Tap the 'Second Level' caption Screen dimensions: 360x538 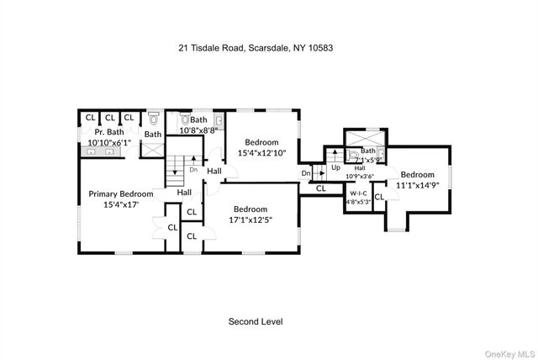point(256,321)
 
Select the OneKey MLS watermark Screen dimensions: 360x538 point(507,352)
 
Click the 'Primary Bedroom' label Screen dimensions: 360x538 point(121,193)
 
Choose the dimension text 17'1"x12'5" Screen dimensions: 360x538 point(250,220)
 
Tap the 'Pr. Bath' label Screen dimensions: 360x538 point(109,132)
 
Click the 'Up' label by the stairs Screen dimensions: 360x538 point(335,167)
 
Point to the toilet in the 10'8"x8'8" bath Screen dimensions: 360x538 point(186,120)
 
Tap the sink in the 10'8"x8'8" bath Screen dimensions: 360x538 point(219,121)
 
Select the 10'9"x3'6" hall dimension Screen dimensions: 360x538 point(359,175)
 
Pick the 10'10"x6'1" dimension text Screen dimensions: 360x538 point(109,142)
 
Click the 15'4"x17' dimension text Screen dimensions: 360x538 point(121,204)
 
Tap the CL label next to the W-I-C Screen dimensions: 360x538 point(378,197)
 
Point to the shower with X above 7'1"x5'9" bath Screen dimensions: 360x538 point(365,136)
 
